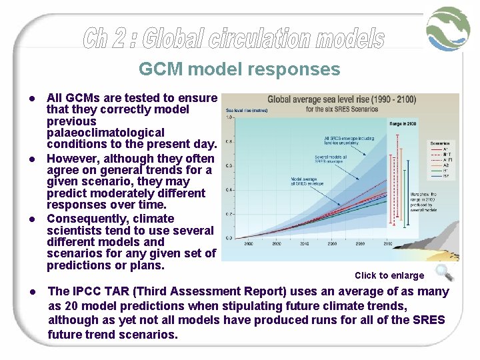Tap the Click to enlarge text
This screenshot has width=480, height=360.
(x=389, y=275)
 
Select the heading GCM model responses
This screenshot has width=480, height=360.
(x=239, y=69)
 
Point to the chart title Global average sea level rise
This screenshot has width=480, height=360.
(x=341, y=100)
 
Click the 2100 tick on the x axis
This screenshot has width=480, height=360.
(x=387, y=245)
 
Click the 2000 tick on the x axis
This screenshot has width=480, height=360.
(x=248, y=245)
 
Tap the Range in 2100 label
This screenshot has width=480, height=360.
(x=404, y=123)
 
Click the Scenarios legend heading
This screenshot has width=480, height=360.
(x=439, y=143)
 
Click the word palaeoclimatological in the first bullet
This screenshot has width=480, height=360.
(x=96, y=133)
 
